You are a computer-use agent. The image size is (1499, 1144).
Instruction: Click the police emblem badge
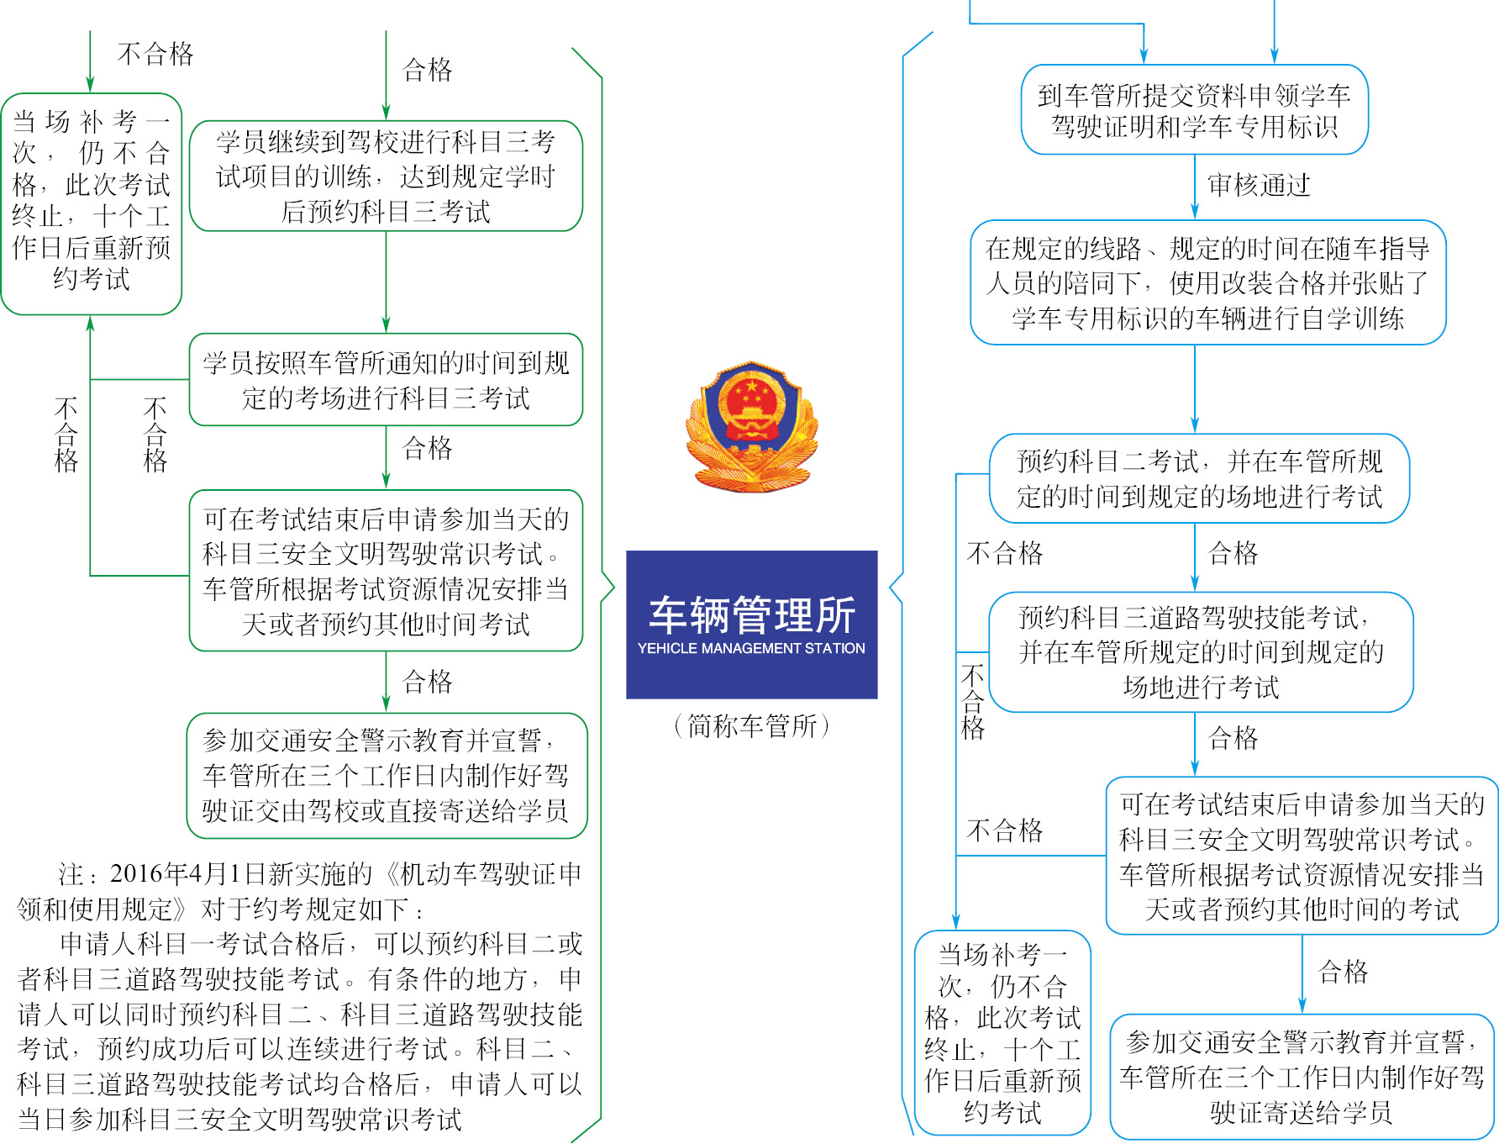(751, 426)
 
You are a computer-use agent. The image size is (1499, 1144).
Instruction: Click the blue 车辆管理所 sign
(751, 625)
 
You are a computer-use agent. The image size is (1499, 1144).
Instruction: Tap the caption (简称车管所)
(751, 725)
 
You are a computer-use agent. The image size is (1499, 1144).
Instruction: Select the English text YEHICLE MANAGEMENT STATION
(751, 648)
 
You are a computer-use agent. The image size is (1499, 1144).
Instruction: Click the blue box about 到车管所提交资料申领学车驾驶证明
(1194, 110)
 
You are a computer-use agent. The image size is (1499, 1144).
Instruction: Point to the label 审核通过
(1259, 185)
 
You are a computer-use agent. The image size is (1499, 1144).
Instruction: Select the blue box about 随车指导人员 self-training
(1207, 282)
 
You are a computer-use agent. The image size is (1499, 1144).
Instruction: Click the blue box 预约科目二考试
(1199, 478)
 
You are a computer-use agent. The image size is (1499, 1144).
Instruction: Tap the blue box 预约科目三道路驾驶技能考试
(1201, 652)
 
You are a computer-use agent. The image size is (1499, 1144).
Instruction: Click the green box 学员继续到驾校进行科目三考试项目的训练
(386, 176)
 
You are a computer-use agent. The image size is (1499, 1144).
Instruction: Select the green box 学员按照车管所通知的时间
(386, 380)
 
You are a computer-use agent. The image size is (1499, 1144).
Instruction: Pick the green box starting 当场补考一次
(92, 204)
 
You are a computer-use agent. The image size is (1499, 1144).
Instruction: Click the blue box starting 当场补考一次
(1002, 1033)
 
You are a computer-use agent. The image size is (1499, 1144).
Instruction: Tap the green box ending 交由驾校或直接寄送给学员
(387, 776)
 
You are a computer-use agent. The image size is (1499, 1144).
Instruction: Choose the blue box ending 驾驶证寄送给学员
(1302, 1077)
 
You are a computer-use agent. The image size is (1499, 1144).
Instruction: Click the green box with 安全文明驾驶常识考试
(386, 571)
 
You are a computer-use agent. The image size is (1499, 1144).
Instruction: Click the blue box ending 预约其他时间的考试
(1302, 856)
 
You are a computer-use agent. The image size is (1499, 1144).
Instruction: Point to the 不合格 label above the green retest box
(155, 54)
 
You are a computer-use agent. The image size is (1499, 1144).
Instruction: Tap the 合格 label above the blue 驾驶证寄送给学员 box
(1343, 972)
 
